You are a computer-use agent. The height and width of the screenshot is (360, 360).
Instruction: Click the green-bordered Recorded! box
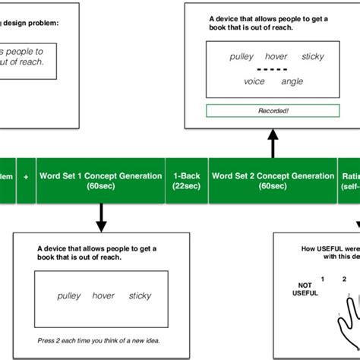click(x=272, y=111)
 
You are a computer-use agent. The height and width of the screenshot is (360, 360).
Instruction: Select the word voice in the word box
click(x=254, y=81)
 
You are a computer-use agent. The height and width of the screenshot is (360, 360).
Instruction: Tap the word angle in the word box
click(x=292, y=81)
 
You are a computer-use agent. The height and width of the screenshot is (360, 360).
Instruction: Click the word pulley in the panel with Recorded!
click(x=242, y=56)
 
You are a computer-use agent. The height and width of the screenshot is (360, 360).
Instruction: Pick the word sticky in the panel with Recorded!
click(x=312, y=56)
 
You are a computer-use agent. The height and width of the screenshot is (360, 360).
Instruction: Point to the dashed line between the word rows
click(x=272, y=68)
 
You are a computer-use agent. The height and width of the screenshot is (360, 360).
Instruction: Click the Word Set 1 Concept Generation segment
click(x=101, y=181)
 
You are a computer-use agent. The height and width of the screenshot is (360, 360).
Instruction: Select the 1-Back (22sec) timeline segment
click(x=187, y=181)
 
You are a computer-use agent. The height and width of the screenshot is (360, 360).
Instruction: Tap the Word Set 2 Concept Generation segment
click(x=272, y=181)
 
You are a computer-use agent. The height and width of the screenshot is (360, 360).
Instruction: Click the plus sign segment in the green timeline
click(x=26, y=176)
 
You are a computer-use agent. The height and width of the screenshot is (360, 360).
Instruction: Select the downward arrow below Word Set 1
click(x=101, y=219)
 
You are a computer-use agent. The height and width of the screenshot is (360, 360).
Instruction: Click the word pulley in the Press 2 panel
click(x=69, y=295)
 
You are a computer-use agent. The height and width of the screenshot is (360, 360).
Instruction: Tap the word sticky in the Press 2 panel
click(x=140, y=295)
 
